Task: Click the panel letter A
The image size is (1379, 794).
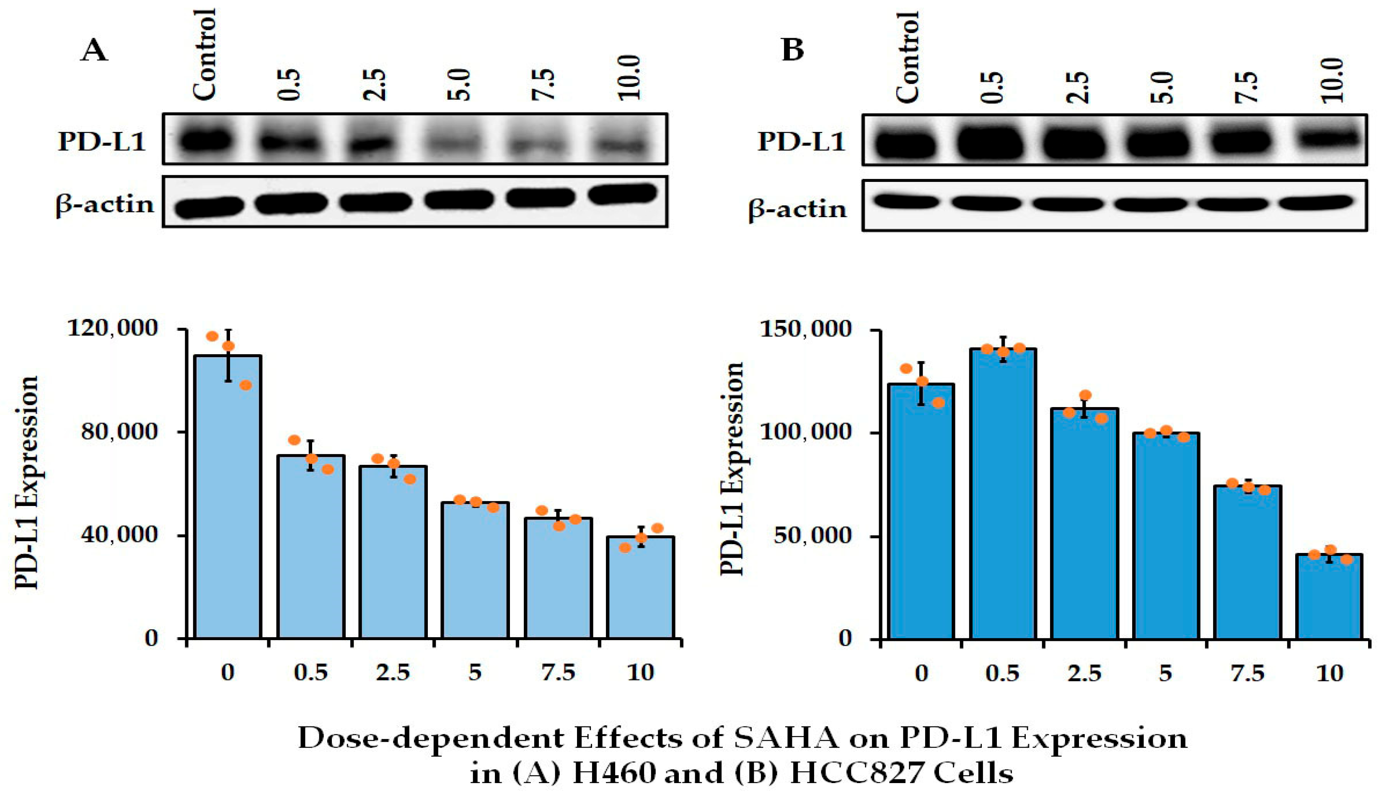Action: tap(94, 52)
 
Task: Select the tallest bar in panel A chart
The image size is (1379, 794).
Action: tap(228, 496)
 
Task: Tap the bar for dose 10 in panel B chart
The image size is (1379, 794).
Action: tap(1329, 597)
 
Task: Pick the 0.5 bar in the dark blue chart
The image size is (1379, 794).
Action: tap(1003, 493)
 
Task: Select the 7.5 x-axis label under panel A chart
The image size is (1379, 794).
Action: tap(558, 673)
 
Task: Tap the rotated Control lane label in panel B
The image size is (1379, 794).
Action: tap(908, 57)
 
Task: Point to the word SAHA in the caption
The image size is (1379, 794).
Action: tap(784, 740)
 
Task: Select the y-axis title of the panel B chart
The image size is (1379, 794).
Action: tap(732, 469)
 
